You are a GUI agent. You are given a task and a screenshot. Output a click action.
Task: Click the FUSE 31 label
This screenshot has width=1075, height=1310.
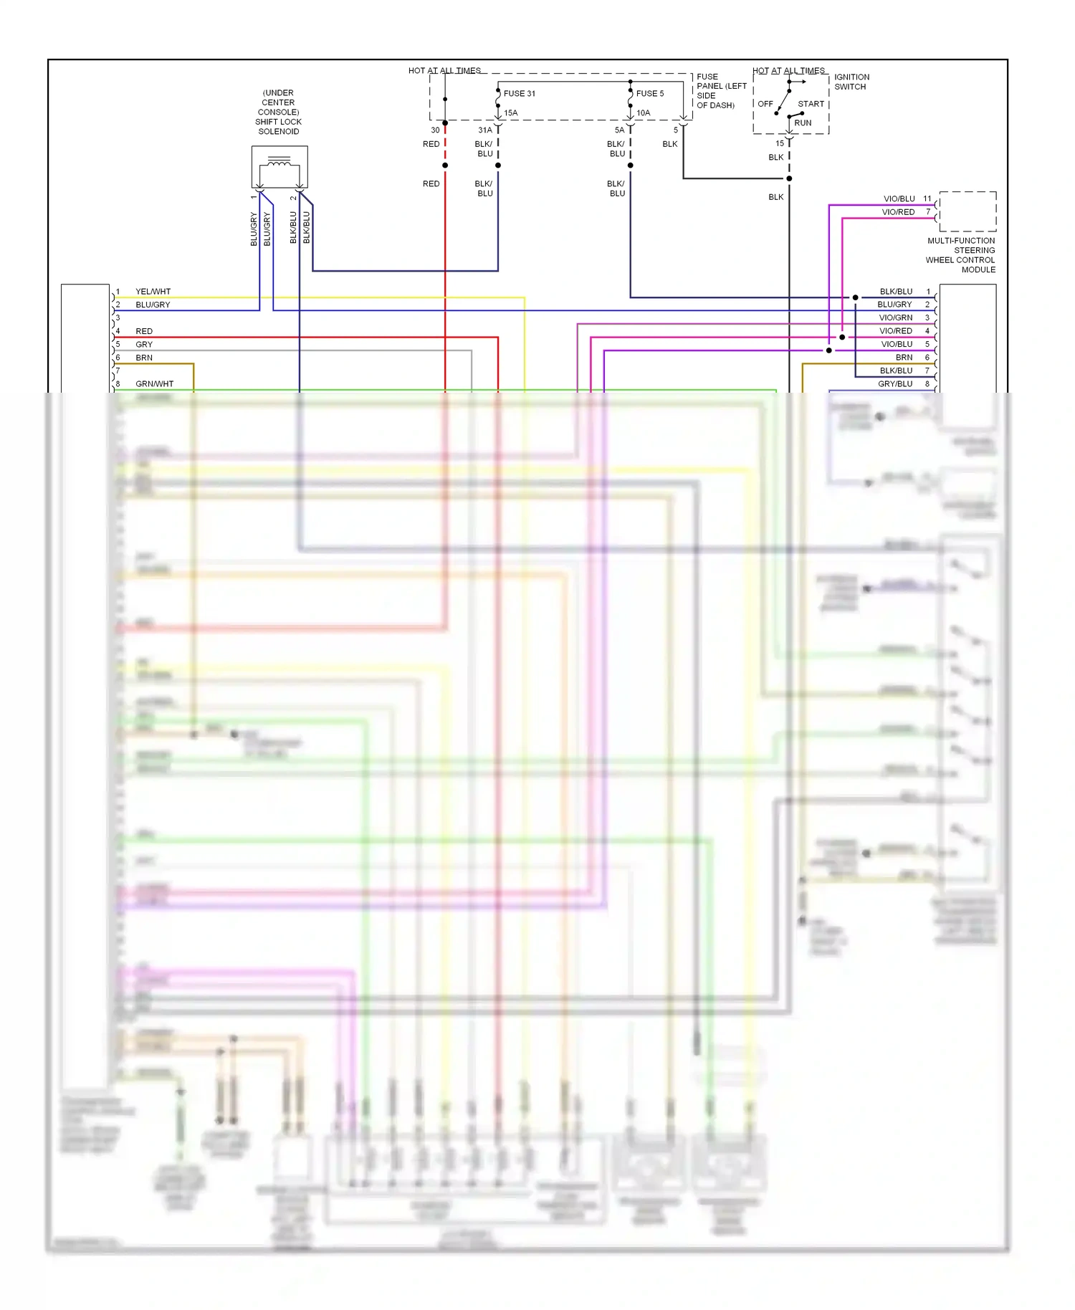point(519,93)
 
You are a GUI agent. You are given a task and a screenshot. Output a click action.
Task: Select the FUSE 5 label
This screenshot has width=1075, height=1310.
point(649,93)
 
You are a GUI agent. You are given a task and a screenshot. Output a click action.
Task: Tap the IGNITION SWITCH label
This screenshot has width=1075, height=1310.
point(851,82)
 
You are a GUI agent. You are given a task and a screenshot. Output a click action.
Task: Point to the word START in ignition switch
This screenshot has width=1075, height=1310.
point(811,104)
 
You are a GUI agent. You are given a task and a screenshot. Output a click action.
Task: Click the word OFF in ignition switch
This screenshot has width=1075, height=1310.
point(765,104)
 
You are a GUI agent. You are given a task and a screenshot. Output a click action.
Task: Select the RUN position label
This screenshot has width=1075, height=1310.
point(803,123)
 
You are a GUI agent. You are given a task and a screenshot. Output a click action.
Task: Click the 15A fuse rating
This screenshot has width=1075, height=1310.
point(510,113)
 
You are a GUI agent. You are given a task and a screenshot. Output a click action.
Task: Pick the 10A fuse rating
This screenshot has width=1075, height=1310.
point(643,113)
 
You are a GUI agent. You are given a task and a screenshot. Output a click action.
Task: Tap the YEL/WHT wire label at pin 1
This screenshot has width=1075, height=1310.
point(153,292)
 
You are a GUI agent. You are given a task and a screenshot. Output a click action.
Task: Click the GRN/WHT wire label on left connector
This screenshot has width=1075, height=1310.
point(154,384)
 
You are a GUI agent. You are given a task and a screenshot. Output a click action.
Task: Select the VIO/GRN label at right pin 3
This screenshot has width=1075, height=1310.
point(895,317)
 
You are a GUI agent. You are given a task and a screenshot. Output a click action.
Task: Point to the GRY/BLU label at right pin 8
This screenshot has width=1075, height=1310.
point(894,384)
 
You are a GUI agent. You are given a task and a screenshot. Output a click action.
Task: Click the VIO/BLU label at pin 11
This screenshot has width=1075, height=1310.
point(899,199)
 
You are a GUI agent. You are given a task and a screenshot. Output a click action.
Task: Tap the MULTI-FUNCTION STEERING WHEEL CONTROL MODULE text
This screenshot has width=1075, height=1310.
point(960,255)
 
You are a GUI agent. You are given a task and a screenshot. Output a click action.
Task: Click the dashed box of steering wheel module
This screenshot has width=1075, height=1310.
point(967,211)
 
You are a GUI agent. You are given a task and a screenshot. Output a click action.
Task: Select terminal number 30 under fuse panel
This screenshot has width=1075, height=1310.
point(435,130)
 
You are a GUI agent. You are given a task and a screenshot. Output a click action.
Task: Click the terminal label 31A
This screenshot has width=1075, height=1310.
point(485,130)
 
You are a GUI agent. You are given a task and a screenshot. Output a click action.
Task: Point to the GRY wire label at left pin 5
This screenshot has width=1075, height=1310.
point(144,345)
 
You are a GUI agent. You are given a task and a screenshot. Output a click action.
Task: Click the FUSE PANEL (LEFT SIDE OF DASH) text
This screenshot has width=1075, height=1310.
point(721,91)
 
